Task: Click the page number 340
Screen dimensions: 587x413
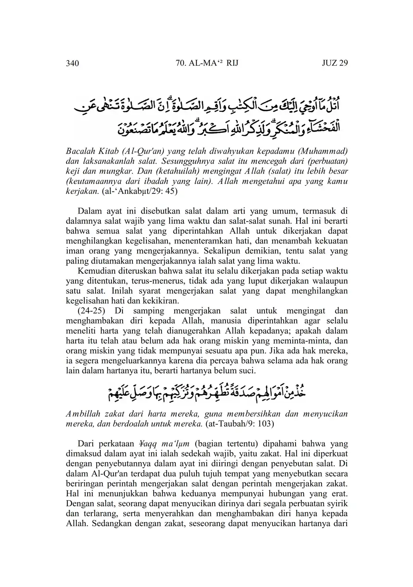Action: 72,63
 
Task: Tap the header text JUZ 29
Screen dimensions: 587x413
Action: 335,63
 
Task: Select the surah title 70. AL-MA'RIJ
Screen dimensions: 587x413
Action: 206,63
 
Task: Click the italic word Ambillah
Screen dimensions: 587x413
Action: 82,413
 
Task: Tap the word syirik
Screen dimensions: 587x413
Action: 337,503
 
